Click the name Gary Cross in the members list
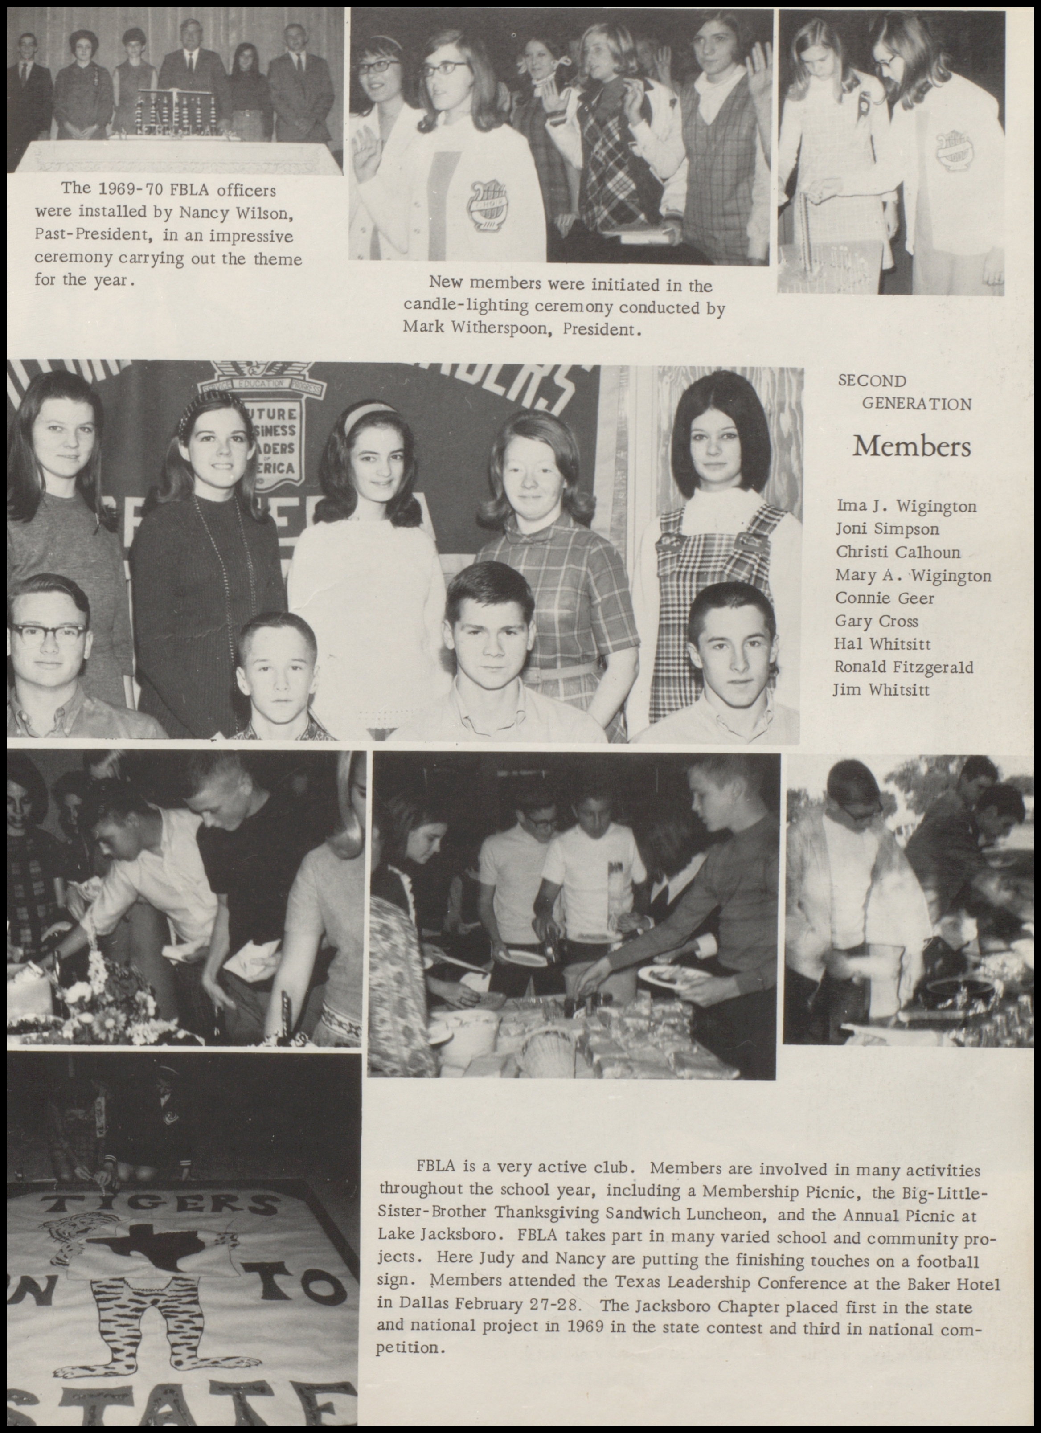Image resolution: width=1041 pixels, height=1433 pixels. [876, 621]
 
